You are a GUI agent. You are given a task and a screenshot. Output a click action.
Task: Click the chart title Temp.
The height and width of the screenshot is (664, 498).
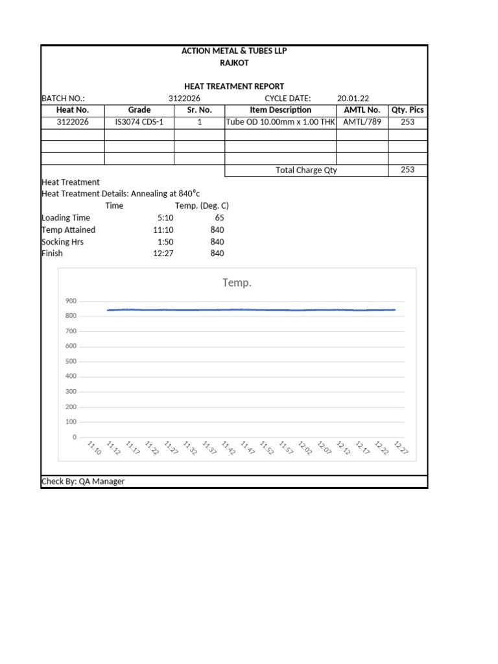coord(237,283)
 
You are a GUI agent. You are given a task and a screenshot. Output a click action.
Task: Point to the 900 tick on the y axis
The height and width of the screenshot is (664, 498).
coord(71,301)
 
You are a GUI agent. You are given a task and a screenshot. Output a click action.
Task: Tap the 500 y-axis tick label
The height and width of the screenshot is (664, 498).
coord(71,361)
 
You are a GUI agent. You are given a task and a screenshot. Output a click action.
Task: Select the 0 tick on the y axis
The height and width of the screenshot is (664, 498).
coord(74,437)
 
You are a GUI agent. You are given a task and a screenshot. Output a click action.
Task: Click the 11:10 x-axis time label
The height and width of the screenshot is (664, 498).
coord(94,447)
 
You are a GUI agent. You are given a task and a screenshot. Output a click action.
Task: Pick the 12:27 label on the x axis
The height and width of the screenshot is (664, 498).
coord(401,447)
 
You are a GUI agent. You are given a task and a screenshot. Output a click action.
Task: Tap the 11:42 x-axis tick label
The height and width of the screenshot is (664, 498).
coord(228,447)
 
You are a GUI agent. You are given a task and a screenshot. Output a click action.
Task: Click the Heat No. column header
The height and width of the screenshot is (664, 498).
coord(73,110)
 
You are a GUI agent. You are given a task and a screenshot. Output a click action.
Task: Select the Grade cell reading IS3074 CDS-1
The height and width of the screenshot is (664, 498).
coord(139,122)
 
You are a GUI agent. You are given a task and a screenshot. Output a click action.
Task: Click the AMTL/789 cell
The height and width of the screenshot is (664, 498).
coord(362,122)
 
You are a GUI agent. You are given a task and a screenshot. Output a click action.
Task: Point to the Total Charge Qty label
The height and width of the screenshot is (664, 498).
coord(306,171)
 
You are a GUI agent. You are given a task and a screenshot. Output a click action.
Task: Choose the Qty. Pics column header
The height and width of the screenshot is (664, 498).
coord(408,110)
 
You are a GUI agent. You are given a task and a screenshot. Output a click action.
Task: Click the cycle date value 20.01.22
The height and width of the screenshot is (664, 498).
coord(353,99)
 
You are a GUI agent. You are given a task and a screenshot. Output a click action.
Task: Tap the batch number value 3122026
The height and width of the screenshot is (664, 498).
coord(184,99)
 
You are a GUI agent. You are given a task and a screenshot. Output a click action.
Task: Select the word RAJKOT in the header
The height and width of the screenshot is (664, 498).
coord(234,63)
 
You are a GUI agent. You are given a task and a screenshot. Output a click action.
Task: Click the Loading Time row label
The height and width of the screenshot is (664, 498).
coord(65,218)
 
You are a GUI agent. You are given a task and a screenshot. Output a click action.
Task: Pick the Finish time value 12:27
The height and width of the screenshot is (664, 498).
coord(163,254)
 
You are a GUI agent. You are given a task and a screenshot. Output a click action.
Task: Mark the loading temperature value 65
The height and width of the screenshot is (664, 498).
coord(219,218)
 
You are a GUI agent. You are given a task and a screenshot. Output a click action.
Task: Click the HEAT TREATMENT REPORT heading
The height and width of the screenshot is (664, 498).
coord(234,86)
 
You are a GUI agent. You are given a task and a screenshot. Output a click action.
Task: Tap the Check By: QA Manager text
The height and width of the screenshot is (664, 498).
coord(83,482)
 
